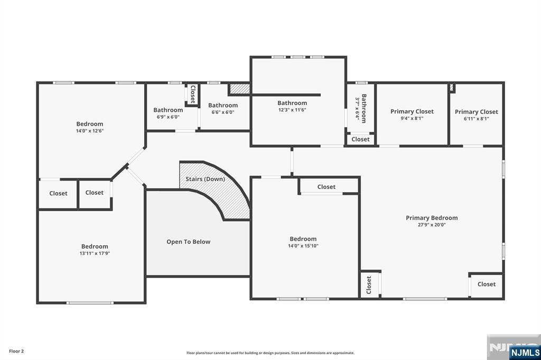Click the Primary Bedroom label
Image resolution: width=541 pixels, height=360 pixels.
(432, 217)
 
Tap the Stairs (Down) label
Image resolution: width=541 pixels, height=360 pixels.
(206, 179)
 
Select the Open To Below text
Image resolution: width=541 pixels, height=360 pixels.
(189, 242)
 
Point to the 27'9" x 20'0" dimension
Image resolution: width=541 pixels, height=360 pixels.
(432, 225)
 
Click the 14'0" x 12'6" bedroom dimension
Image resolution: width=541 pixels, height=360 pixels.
(90, 131)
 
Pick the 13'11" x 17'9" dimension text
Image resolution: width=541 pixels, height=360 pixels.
(95, 253)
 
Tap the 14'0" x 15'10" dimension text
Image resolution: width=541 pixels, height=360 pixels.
(303, 246)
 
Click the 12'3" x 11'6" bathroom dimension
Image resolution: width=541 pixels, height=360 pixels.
(292, 110)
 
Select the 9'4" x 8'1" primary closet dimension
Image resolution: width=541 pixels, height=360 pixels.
(412, 118)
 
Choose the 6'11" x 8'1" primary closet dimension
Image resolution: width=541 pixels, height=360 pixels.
(476, 119)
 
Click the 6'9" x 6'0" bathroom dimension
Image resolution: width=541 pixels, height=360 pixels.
(168, 117)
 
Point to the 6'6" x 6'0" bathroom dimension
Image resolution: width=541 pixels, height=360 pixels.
(223, 112)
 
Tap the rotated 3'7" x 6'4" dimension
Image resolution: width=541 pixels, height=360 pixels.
(358, 108)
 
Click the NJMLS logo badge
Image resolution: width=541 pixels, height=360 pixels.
(525, 352)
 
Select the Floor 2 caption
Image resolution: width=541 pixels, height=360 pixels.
(16, 352)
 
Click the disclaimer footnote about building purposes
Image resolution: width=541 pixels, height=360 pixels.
(270, 353)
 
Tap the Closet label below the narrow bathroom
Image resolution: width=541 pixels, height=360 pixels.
(360, 139)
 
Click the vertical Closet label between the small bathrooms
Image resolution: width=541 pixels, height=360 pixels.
(193, 94)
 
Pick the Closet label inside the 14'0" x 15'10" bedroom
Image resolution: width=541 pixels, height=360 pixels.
(327, 187)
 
